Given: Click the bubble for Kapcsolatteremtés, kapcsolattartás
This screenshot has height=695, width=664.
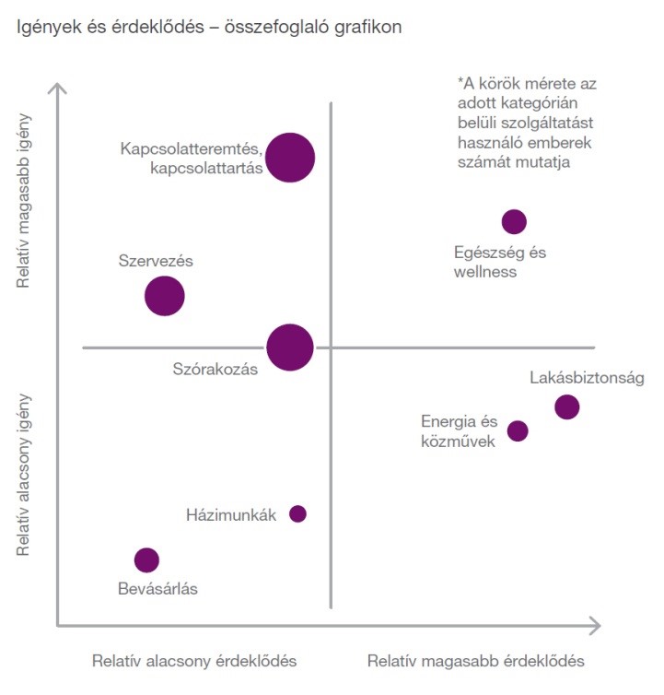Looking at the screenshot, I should point(290,157).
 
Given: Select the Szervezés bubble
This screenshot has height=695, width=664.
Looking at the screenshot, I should point(165,296).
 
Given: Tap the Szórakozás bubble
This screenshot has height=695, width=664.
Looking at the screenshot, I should point(290,347).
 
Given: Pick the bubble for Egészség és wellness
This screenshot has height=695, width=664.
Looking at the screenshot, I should point(514,221).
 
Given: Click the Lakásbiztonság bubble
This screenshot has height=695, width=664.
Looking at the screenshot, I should point(567,406).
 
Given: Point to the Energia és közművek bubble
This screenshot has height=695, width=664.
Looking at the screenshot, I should point(518,430).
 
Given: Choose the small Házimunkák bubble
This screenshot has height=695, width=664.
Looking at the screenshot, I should point(297,513).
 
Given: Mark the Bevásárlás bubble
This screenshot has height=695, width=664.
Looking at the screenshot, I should point(146,560).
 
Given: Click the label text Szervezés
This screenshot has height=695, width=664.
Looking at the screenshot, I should point(156,261).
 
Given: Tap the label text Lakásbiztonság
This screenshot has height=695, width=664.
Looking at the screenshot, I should point(580,378).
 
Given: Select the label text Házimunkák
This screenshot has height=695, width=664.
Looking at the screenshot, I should point(231,515).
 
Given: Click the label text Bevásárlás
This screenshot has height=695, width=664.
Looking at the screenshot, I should point(157,588).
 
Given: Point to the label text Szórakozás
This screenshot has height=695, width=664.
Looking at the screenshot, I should point(215,369).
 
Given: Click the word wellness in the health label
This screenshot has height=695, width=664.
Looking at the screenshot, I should point(485,272).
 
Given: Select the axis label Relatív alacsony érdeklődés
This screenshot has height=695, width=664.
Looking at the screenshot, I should point(194,661).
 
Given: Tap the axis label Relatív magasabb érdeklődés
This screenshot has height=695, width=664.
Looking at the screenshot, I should point(475,661).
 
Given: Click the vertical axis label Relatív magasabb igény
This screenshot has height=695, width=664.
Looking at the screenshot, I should point(26,201).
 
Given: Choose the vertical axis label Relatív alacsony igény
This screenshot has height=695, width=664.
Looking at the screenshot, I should point(26,475).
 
